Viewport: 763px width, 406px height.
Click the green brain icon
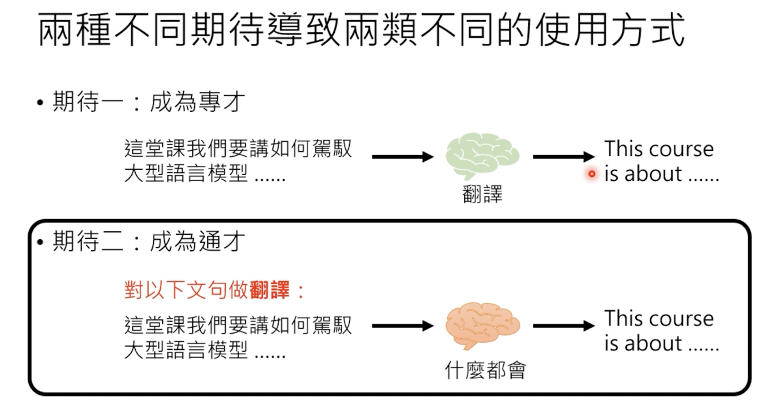[482, 156]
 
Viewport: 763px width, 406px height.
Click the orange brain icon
[482, 325]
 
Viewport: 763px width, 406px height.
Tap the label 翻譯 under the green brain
[482, 195]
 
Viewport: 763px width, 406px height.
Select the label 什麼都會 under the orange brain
[485, 370]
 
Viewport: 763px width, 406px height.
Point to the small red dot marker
[592, 174]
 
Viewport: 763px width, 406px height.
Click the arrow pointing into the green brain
[402, 157]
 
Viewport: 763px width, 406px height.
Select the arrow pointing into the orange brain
[402, 326]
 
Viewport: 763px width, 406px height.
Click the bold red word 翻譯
[270, 290]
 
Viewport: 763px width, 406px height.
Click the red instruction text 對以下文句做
[186, 290]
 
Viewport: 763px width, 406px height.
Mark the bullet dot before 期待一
[40, 103]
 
